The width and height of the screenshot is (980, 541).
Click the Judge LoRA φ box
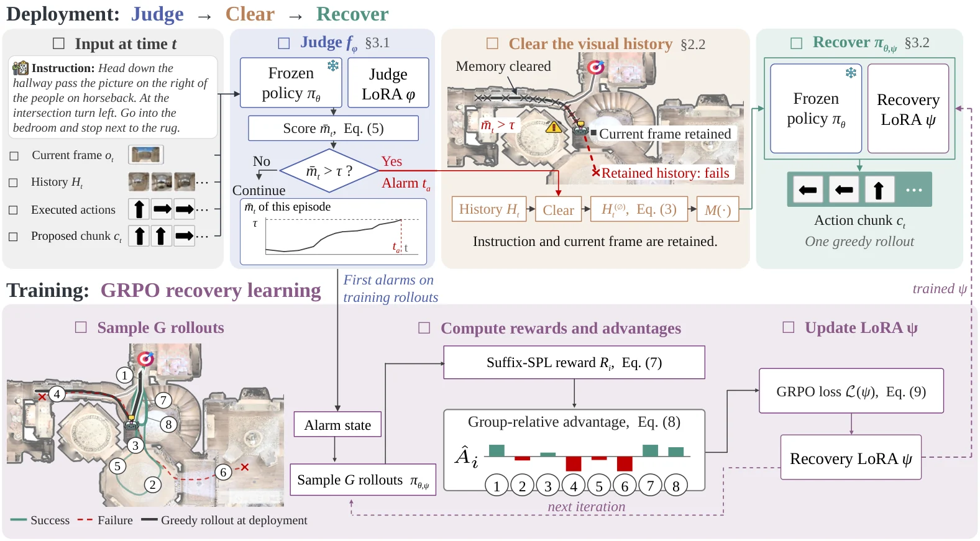[388, 83]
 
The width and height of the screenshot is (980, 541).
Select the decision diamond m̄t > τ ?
[329, 171]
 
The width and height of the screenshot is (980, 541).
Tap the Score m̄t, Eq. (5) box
[333, 128]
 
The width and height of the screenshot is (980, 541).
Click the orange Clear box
[558, 209]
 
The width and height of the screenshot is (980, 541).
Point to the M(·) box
[718, 209]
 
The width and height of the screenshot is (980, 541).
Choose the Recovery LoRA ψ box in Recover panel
[909, 109]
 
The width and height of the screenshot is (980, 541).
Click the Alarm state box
[337, 425]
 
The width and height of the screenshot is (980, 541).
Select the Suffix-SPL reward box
[574, 363]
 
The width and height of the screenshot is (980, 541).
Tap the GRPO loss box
[851, 391]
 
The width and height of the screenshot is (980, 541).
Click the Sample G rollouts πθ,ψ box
[363, 480]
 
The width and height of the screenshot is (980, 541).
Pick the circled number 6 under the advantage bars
[625, 486]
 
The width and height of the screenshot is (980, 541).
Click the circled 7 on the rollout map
[163, 400]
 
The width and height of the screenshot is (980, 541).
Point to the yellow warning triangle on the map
[554, 127]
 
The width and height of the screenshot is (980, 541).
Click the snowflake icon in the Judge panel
[333, 66]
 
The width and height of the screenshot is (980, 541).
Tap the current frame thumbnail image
[145, 155]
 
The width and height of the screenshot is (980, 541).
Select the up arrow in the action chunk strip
[878, 190]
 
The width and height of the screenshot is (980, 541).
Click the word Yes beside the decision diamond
[392, 161]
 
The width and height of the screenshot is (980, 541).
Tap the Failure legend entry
[105, 521]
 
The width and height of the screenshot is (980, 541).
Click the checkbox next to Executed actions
[14, 210]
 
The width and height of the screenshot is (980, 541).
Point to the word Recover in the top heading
[352, 14]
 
